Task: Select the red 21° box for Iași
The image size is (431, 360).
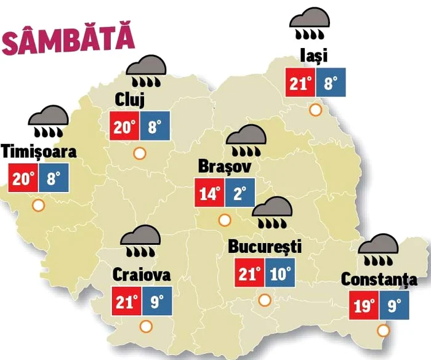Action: click(x=301, y=83)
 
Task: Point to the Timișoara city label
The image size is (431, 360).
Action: click(x=39, y=151)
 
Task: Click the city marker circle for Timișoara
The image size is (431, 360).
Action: click(x=39, y=206)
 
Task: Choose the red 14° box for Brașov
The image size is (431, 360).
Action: click(x=209, y=194)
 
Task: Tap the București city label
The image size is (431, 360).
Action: click(x=265, y=247)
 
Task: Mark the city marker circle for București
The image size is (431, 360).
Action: click(x=265, y=300)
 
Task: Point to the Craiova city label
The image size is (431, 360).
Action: click(x=142, y=275)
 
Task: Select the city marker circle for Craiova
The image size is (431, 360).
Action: click(x=146, y=327)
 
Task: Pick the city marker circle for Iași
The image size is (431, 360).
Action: click(x=316, y=110)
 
